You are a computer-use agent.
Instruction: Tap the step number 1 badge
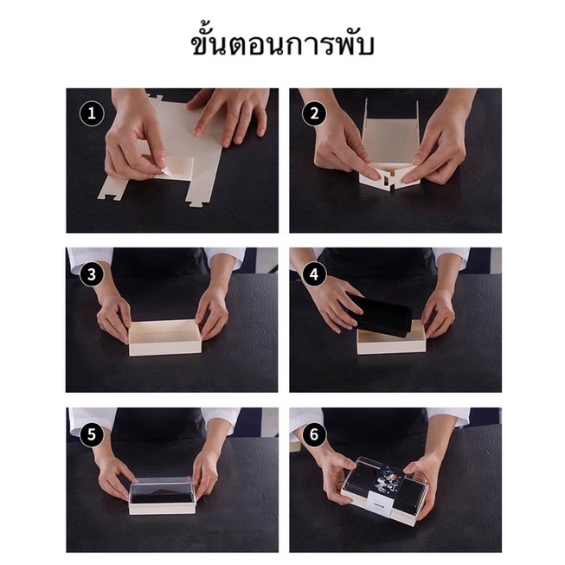point(92,113)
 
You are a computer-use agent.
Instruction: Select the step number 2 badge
point(315,113)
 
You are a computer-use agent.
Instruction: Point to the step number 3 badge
point(92,274)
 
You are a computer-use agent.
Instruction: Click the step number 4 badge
point(315,274)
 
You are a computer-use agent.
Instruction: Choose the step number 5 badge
point(92,434)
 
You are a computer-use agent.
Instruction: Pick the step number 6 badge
point(315,434)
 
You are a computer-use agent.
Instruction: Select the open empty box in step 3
point(165,337)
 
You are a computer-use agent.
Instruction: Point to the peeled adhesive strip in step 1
point(161,172)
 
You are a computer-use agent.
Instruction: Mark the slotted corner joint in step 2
point(390,179)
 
